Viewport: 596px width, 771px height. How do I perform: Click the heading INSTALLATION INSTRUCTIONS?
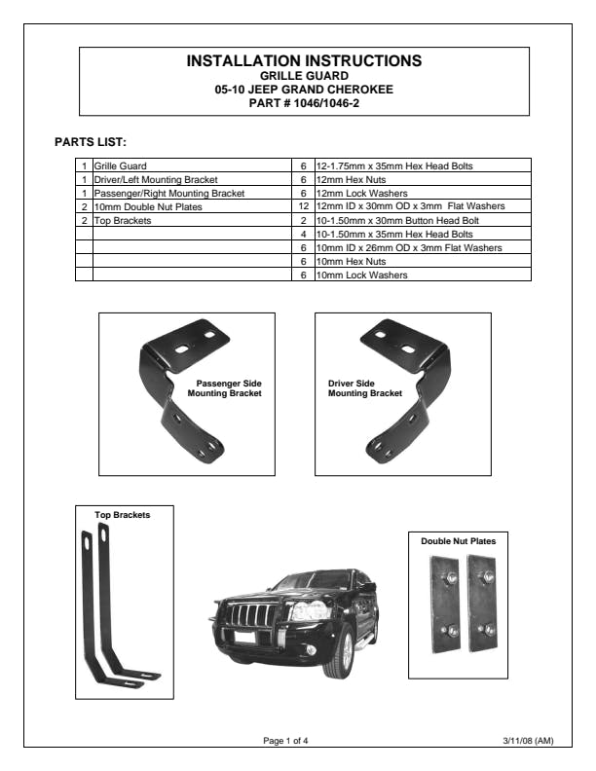pyautogui.click(x=303, y=61)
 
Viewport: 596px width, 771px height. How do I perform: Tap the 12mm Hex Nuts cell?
pyautogui.click(x=345, y=180)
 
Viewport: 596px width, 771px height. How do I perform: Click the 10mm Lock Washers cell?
pyautogui.click(x=354, y=275)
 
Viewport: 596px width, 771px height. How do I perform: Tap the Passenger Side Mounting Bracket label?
pyautogui.click(x=225, y=388)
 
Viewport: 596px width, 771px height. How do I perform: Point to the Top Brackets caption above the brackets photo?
pyautogui.click(x=122, y=515)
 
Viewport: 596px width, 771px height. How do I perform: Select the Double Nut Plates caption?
pyautogui.click(x=457, y=540)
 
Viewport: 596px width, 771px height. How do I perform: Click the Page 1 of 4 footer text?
pyautogui.click(x=286, y=741)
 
